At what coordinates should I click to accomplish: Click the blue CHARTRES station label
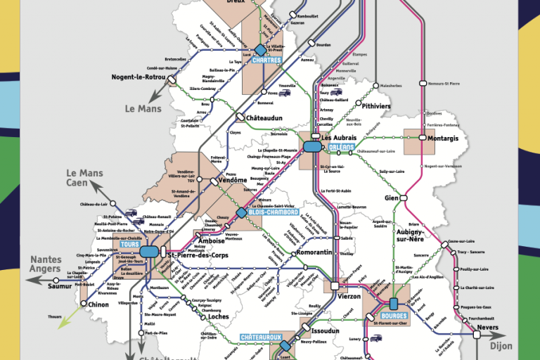pos(266,60)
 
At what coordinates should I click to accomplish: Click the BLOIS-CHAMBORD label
pos(274,212)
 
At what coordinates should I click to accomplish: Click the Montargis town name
pos(443,139)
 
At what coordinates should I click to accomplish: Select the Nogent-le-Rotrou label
pos(139,77)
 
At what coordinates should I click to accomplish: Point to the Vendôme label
pos(233,180)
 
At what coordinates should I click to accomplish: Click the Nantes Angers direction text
pos(46,264)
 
